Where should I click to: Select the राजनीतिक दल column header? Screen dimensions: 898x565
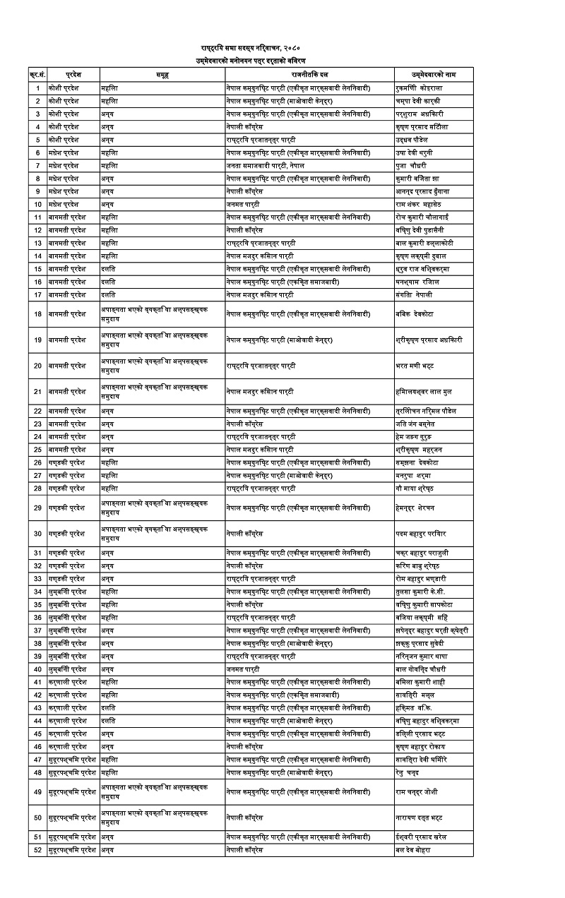309,74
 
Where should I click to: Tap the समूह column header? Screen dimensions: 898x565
162,74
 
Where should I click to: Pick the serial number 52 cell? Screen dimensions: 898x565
37,849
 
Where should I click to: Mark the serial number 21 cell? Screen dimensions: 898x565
37,391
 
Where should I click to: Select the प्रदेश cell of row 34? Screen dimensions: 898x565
67,591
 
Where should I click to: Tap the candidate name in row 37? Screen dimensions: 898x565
432,630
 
